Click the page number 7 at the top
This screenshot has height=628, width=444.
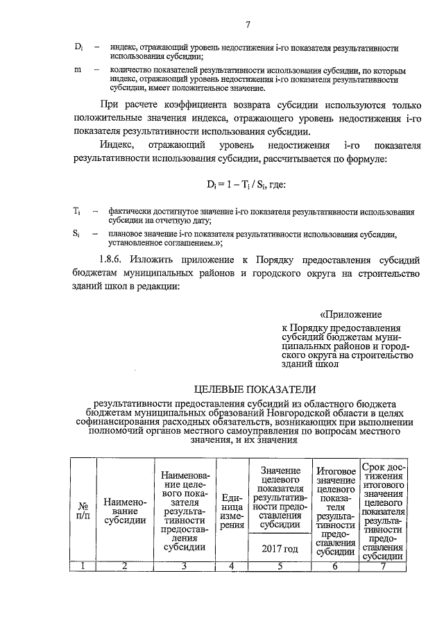[x=247, y=26]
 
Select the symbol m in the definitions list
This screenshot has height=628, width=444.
[x=77, y=71]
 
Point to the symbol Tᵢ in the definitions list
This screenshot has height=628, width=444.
[x=77, y=210]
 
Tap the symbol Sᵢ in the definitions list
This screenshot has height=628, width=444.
[x=77, y=234]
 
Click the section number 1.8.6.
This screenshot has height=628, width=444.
[x=114, y=260]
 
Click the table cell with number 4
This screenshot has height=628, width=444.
[x=232, y=566]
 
